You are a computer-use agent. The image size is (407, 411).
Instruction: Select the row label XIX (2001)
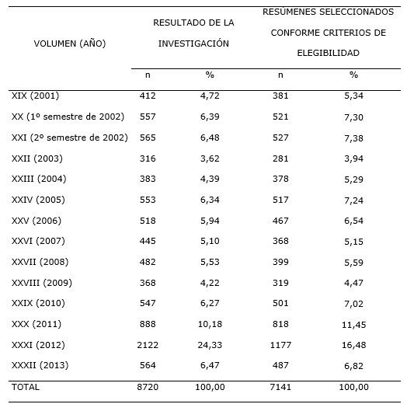click(x=36, y=96)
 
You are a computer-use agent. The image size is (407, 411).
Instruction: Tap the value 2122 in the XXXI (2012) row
click(x=148, y=344)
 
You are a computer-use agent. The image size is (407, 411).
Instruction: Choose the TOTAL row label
click(x=26, y=386)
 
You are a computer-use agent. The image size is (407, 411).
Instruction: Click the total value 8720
click(x=148, y=386)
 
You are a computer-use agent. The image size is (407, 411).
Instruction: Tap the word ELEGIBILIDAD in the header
click(x=329, y=54)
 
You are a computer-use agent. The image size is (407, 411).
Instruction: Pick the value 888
click(x=148, y=324)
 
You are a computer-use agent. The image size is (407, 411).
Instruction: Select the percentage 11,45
click(x=353, y=324)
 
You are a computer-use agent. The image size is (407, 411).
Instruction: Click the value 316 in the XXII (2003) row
click(x=148, y=158)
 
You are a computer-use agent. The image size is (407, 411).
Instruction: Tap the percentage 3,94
click(x=353, y=158)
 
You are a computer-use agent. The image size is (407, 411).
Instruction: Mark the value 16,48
click(x=353, y=344)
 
